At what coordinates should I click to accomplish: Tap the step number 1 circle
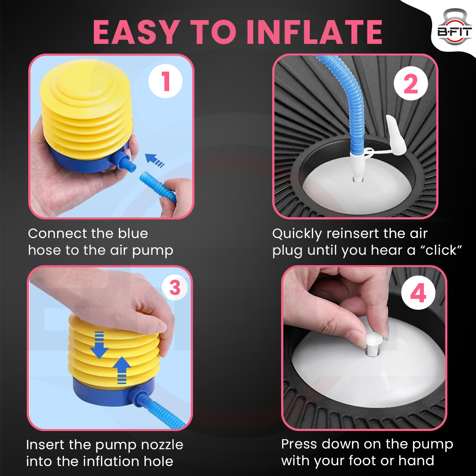165,81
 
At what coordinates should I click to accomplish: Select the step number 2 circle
411,83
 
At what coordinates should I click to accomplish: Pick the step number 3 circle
175,287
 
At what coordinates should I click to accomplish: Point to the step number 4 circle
418,292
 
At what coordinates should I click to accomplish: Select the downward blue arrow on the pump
99,345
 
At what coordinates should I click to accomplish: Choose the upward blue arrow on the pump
122,370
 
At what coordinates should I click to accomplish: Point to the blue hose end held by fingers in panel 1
158,187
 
